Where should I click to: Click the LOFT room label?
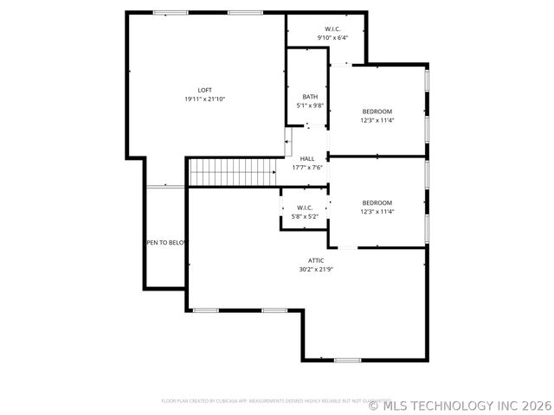(x=204, y=90)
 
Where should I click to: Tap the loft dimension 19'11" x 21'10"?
(x=204, y=99)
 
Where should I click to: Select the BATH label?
(x=310, y=97)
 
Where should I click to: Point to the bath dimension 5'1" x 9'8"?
(x=310, y=105)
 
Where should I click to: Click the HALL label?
(x=307, y=159)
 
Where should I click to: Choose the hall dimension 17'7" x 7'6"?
(x=307, y=168)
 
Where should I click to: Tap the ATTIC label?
(x=317, y=260)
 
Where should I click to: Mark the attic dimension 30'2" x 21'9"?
(x=317, y=269)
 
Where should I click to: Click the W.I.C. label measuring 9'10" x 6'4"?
(x=332, y=29)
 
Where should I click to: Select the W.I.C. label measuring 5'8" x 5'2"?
(x=305, y=207)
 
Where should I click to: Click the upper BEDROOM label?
(x=377, y=112)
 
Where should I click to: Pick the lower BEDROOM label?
(x=377, y=203)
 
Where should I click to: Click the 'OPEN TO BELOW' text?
(x=165, y=243)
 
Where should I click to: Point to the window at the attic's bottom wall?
(x=347, y=360)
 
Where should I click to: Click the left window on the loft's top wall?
(x=164, y=12)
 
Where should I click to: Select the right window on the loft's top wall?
(x=245, y=12)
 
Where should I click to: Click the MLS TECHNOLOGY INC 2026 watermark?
(x=460, y=405)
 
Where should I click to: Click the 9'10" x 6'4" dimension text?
(x=332, y=38)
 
